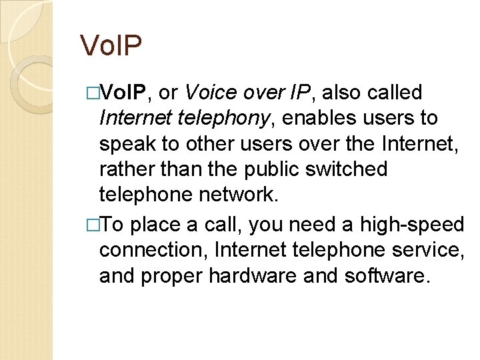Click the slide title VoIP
[x=111, y=45]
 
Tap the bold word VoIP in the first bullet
[x=129, y=93]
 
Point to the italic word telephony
[x=221, y=119]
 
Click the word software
[x=385, y=275]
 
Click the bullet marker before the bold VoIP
[x=93, y=93]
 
